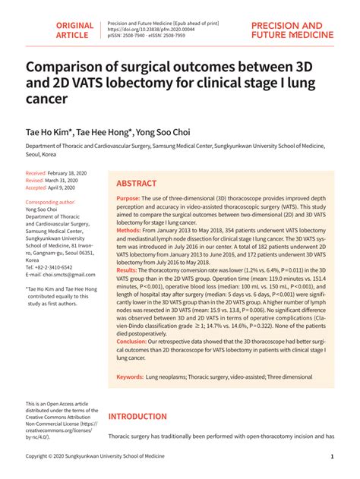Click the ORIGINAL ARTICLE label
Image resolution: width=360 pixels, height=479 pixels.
coord(74,30)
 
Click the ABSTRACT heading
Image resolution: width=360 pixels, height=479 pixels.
coord(137,184)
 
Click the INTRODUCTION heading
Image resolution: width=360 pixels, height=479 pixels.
coord(147,417)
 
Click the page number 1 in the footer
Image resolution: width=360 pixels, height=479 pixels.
coord(332,457)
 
